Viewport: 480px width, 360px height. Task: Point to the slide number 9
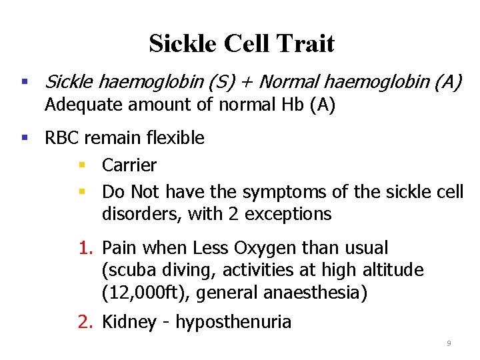[x=449, y=343]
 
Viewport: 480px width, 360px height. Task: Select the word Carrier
[x=129, y=165]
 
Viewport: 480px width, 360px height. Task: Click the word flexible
[x=173, y=138]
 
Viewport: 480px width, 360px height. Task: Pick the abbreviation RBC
[x=61, y=138]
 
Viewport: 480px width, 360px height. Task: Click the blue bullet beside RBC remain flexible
[x=25, y=138]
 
